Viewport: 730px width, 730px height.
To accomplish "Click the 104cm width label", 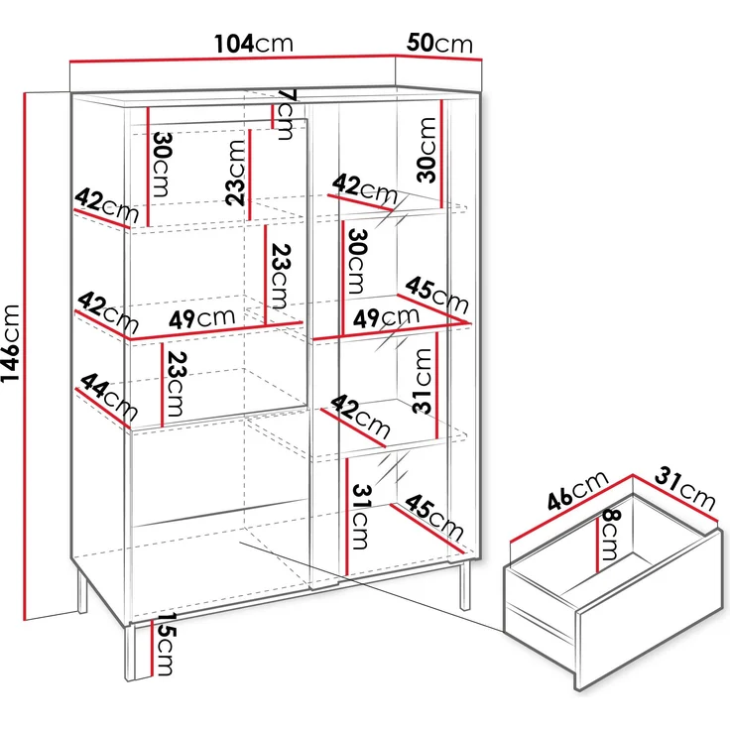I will [x=254, y=44].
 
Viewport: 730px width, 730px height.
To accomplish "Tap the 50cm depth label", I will [x=438, y=44].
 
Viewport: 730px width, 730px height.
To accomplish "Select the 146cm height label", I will [x=12, y=357].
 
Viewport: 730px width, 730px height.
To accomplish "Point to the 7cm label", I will [x=287, y=113].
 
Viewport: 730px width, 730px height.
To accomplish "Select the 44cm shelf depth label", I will [x=107, y=398].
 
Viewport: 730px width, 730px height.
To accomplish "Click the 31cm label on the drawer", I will [x=684, y=487].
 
